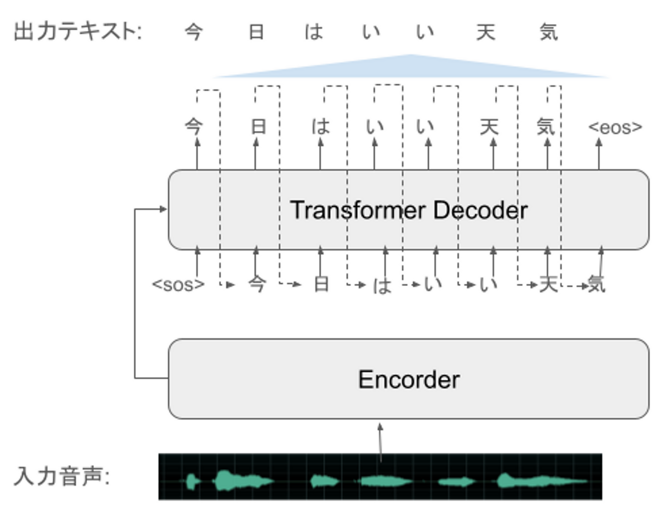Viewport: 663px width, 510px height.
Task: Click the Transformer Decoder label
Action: (409, 210)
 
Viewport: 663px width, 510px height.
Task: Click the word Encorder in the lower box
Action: (409, 379)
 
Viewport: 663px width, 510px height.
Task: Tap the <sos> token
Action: (178, 284)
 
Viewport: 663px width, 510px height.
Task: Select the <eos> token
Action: (615, 127)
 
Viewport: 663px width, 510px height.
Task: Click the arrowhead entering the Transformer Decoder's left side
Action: (163, 209)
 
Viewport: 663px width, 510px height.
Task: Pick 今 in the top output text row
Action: (194, 32)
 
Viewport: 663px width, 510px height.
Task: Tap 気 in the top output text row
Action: (549, 32)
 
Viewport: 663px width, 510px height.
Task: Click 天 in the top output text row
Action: (486, 32)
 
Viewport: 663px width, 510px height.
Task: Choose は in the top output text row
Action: (314, 32)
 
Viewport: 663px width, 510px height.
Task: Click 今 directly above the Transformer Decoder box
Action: (194, 126)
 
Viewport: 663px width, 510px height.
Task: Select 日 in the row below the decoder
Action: (321, 284)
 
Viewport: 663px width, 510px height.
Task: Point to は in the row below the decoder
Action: (382, 285)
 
